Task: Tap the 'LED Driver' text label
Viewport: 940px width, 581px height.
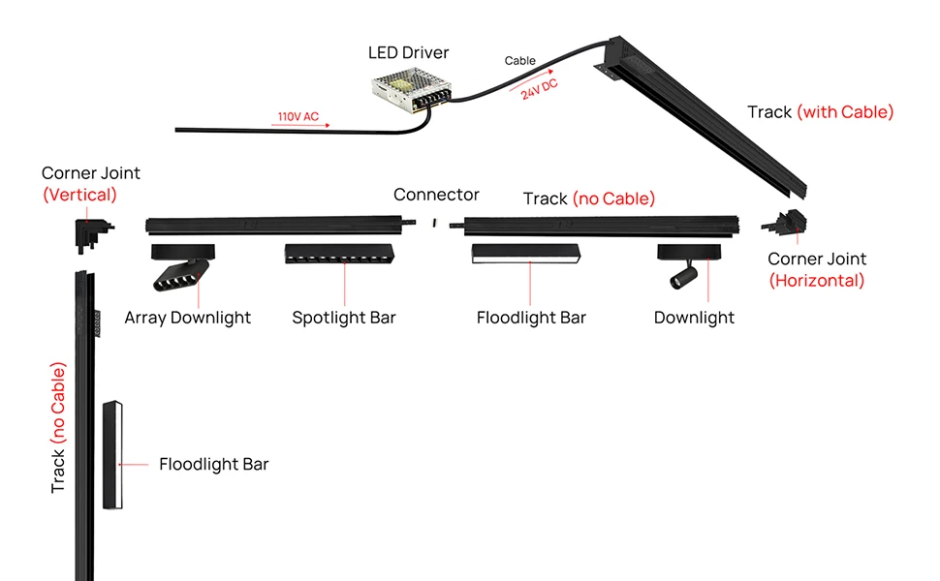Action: click(409, 52)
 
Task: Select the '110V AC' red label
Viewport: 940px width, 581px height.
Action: click(298, 117)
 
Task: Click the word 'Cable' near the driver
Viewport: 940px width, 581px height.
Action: click(520, 61)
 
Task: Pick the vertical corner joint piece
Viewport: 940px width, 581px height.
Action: click(92, 232)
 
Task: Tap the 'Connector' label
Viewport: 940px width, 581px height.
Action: click(436, 195)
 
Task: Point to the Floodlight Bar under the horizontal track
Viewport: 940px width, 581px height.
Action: click(525, 254)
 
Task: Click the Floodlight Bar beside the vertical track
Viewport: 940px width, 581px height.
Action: click(112, 455)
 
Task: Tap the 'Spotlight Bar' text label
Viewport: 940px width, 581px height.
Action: click(344, 318)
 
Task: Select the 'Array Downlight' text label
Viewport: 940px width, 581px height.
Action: click(188, 318)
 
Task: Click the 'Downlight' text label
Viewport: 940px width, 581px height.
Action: click(694, 318)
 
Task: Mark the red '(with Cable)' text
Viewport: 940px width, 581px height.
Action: click(845, 112)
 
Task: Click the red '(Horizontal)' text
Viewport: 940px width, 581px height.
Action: click(817, 281)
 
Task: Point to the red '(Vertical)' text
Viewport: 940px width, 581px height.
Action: click(79, 195)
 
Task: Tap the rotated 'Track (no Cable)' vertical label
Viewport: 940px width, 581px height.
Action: click(58, 428)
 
